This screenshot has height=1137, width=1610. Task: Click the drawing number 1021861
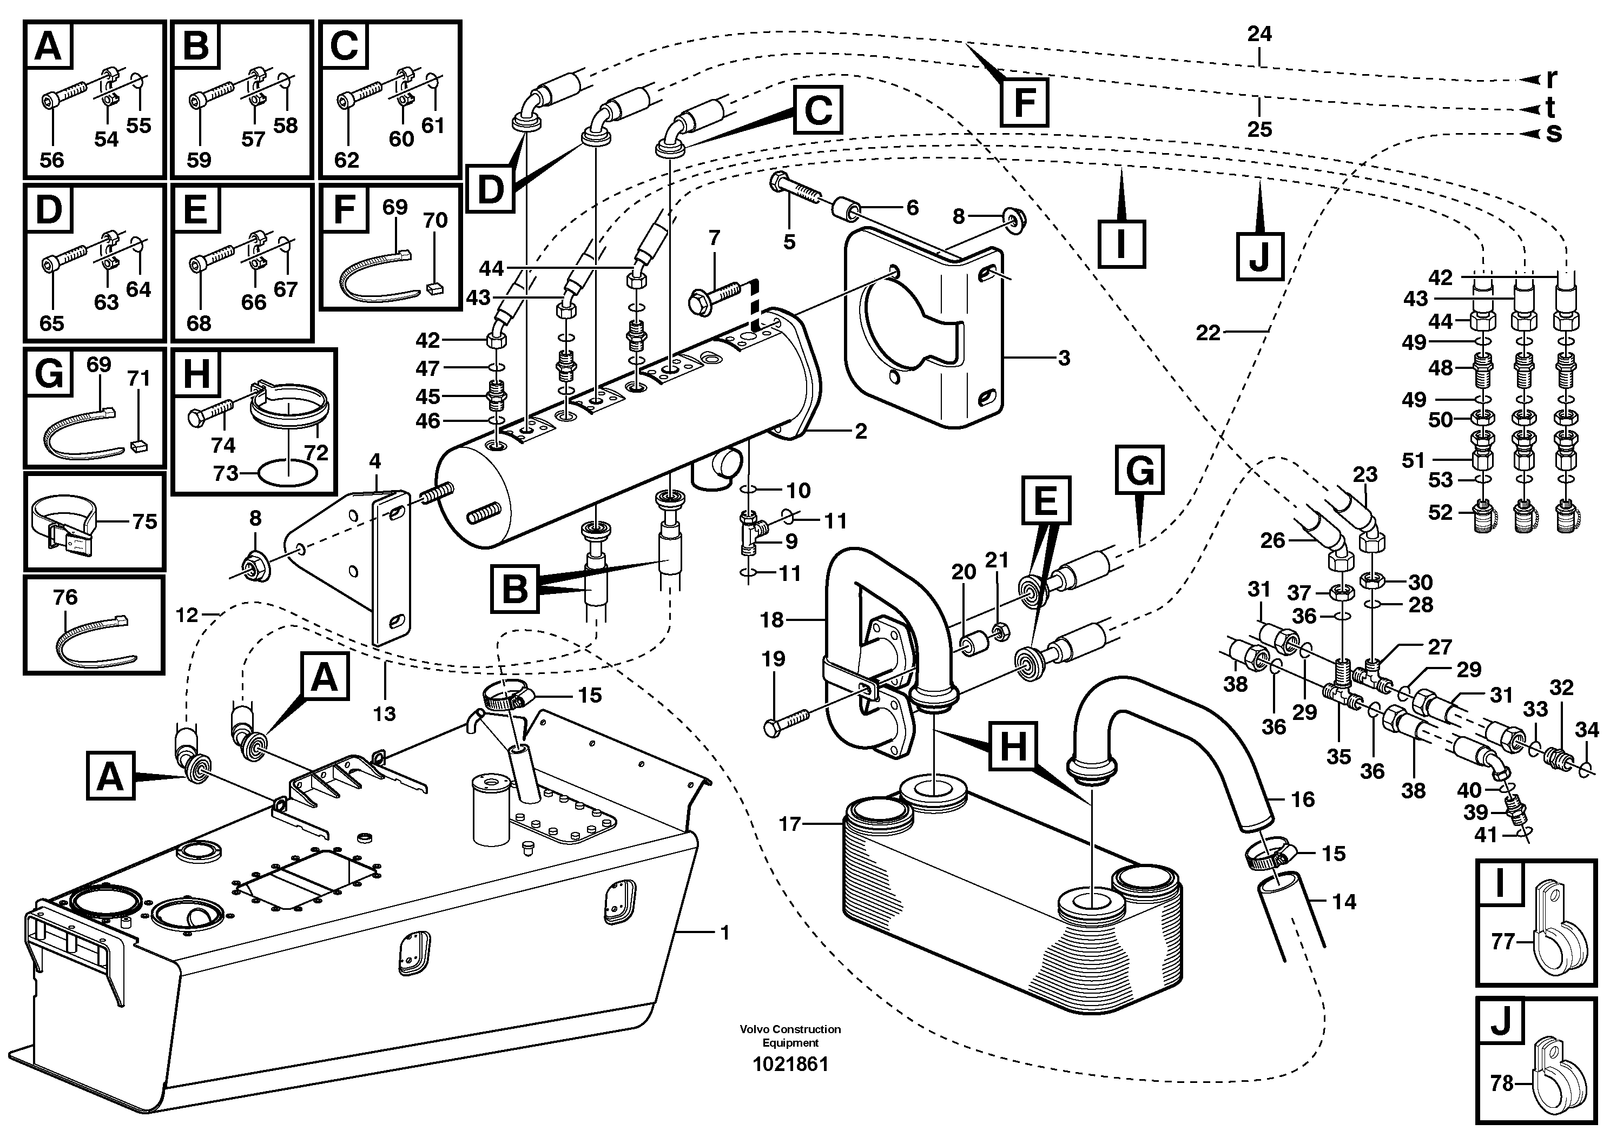coord(790,1064)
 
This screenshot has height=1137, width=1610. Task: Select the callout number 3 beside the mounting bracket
coord(1064,358)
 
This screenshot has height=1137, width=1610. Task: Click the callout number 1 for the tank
coord(725,933)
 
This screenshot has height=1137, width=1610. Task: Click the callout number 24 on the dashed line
coord(1259,34)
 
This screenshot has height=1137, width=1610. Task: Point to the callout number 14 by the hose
coord(1344,902)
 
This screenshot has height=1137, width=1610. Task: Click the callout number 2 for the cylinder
coord(860,431)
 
